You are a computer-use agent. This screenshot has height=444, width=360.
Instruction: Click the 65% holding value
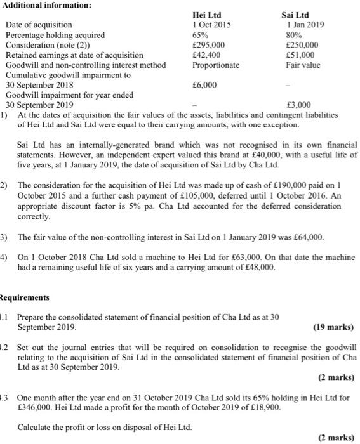pyautogui.click(x=199, y=35)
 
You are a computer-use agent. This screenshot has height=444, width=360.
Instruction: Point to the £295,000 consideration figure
pyautogui.click(x=208, y=45)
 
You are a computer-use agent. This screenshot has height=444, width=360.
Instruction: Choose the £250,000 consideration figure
pyautogui.click(x=302, y=45)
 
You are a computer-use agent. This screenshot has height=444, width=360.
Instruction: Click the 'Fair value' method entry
pyautogui.click(x=303, y=65)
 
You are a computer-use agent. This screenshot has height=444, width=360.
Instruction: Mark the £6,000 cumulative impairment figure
pyautogui.click(x=204, y=84)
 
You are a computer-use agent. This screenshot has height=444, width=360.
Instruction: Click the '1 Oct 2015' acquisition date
pyautogui.click(x=211, y=25)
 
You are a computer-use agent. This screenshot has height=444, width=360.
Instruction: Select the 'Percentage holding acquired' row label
pyautogui.click(x=55, y=35)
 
